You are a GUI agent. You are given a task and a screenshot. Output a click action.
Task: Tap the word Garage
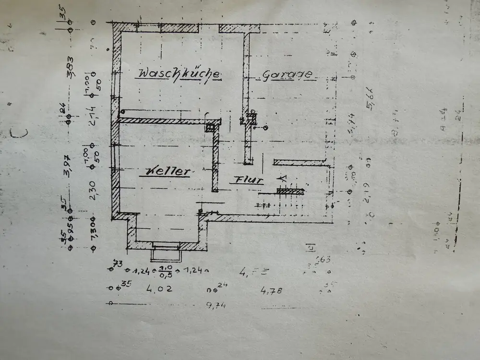(x=288, y=75)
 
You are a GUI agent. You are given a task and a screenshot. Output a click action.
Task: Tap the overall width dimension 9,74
(x=216, y=305)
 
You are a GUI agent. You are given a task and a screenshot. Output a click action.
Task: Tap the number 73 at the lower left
(x=117, y=263)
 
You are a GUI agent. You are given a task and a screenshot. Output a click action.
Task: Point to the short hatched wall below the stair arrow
(x=291, y=191)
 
